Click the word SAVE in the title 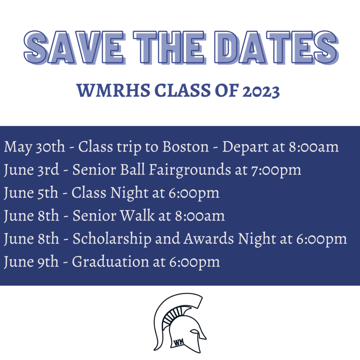point(75,47)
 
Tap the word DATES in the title point(277,47)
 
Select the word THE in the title point(169,47)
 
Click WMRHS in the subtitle point(113,90)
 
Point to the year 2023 point(261,91)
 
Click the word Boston point(186,146)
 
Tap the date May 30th point(34,147)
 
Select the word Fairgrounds point(190,170)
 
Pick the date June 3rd point(31,170)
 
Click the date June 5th point(31,193)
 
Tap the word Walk point(137,216)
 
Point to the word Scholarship point(112,239)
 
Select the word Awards point(209,238)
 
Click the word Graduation point(110,261)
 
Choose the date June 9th point(31,262)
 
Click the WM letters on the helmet point(179,342)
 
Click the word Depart point(245,147)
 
